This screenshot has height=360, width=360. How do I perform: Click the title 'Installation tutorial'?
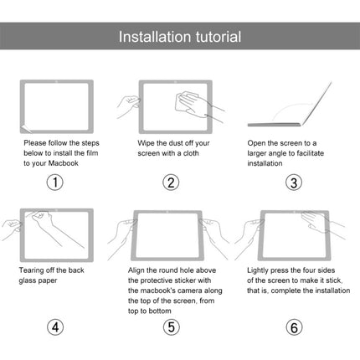(180, 37)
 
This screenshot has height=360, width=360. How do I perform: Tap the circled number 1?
(56, 182)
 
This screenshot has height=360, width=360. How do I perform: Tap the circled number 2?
(171, 182)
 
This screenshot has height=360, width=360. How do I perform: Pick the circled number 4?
(56, 327)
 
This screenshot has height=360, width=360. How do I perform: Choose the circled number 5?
(171, 327)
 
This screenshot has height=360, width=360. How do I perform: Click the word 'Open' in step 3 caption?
(260, 142)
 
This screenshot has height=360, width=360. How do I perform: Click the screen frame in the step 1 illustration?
(56, 105)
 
